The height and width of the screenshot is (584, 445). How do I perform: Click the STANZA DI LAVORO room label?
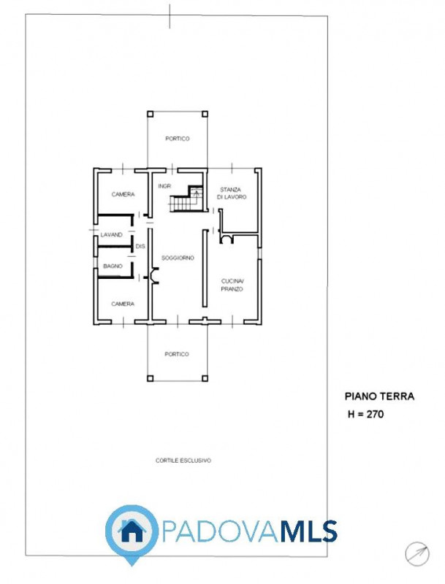232,193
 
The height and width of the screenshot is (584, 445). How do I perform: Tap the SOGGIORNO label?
178,258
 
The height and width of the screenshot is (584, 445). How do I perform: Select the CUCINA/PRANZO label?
232,285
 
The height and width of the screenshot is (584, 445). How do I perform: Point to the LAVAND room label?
112,234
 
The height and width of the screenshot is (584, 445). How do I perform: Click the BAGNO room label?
113,266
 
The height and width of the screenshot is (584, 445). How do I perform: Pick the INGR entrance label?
164,186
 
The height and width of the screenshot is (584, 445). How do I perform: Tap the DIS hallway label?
140,246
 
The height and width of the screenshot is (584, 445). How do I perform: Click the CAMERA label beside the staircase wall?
123,194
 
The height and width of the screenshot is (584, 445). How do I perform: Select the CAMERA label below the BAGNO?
123,304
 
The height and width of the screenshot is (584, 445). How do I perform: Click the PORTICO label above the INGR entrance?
178,139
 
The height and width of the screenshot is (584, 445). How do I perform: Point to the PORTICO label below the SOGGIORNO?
177,354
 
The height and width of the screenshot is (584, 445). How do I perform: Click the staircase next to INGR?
186,199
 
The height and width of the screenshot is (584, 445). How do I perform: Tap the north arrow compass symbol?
417,554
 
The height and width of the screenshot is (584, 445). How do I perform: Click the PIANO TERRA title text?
379,396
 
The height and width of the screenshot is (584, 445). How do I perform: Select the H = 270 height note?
365,414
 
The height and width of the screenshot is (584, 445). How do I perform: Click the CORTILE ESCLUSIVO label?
183,461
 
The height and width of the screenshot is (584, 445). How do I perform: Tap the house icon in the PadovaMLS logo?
132,531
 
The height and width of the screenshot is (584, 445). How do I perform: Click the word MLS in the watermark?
308,531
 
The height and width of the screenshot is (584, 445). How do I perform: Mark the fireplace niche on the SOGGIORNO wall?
154,276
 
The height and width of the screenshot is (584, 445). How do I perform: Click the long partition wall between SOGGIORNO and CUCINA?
205,268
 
